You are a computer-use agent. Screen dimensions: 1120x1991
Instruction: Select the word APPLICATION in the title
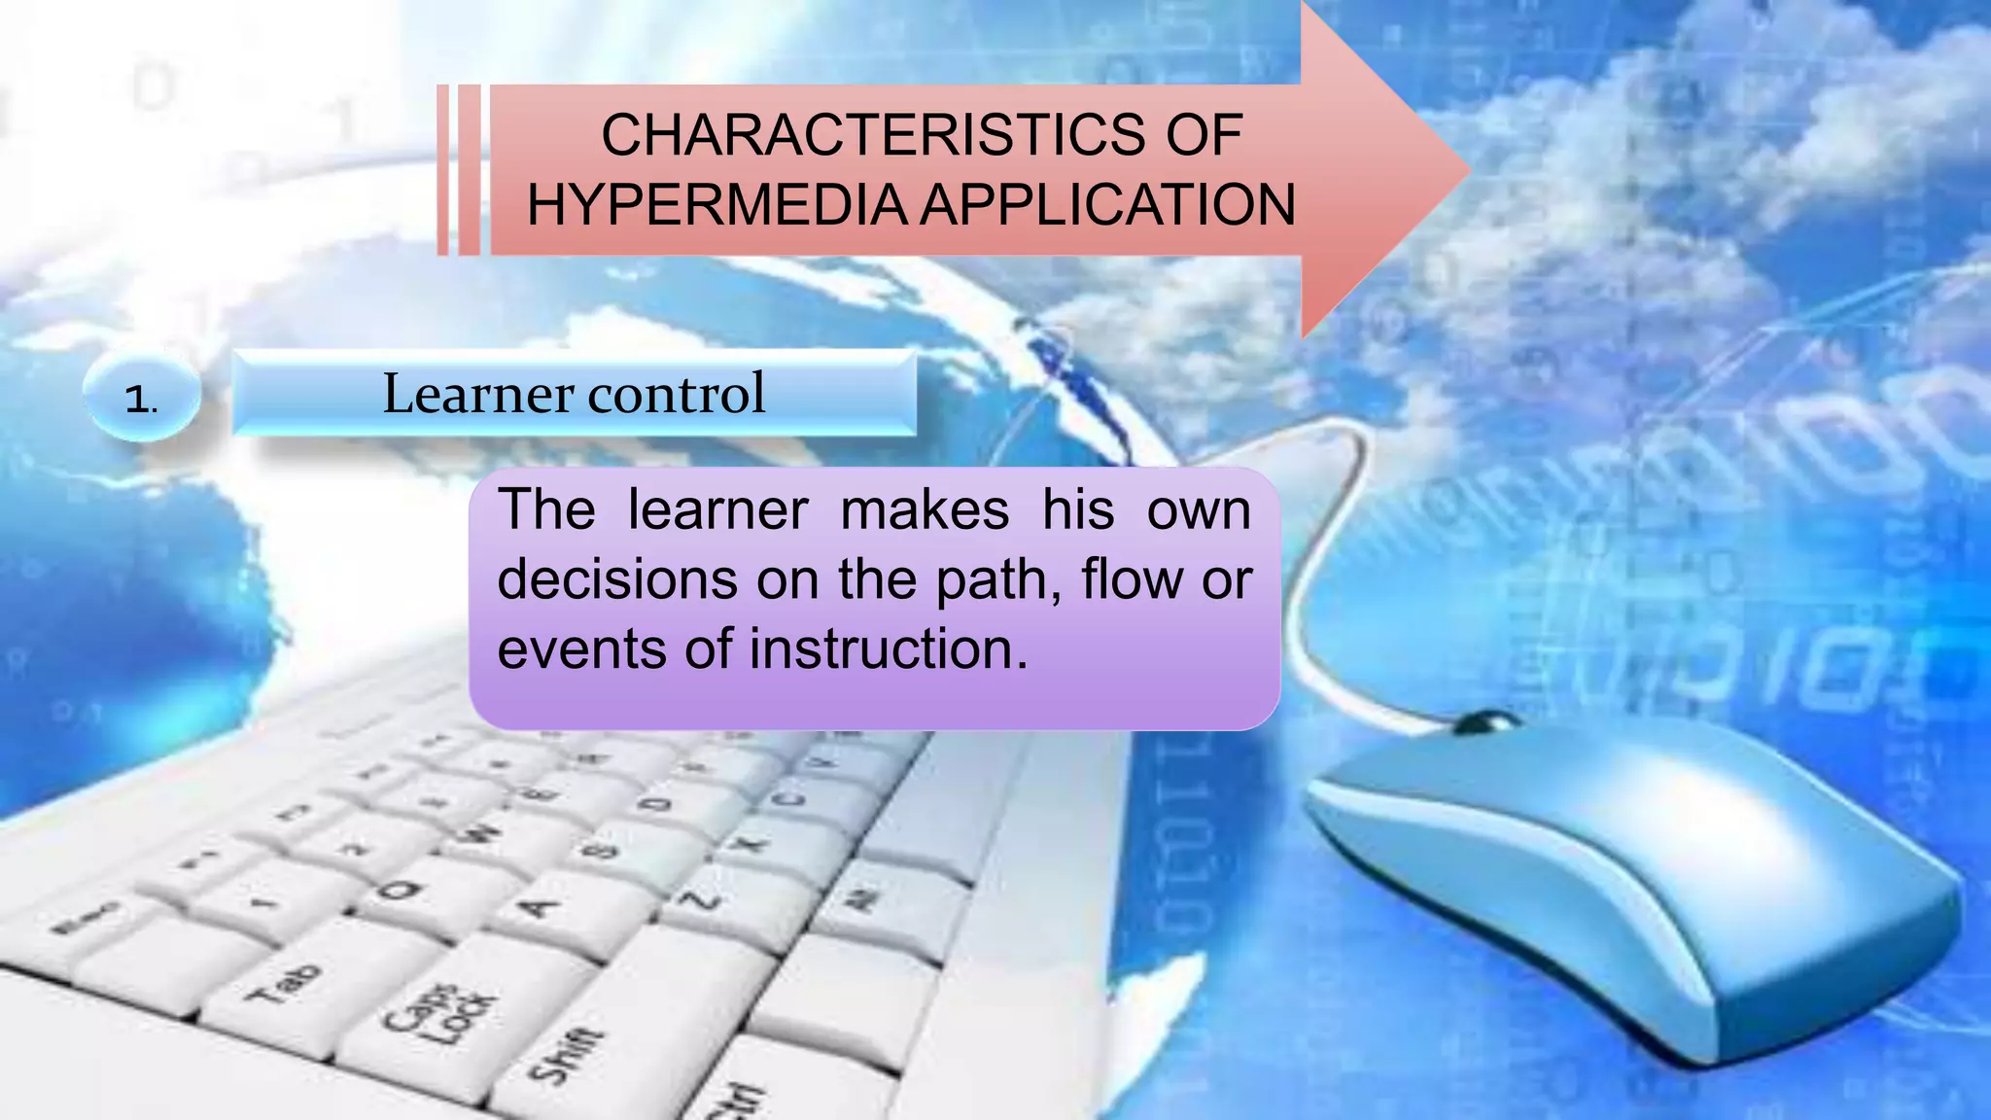tap(1107, 205)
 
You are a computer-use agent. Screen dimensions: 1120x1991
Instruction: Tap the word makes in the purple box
tap(925, 510)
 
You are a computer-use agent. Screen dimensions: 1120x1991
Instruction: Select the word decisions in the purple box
tap(617, 579)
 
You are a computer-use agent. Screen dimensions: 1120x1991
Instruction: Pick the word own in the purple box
tap(1199, 510)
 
